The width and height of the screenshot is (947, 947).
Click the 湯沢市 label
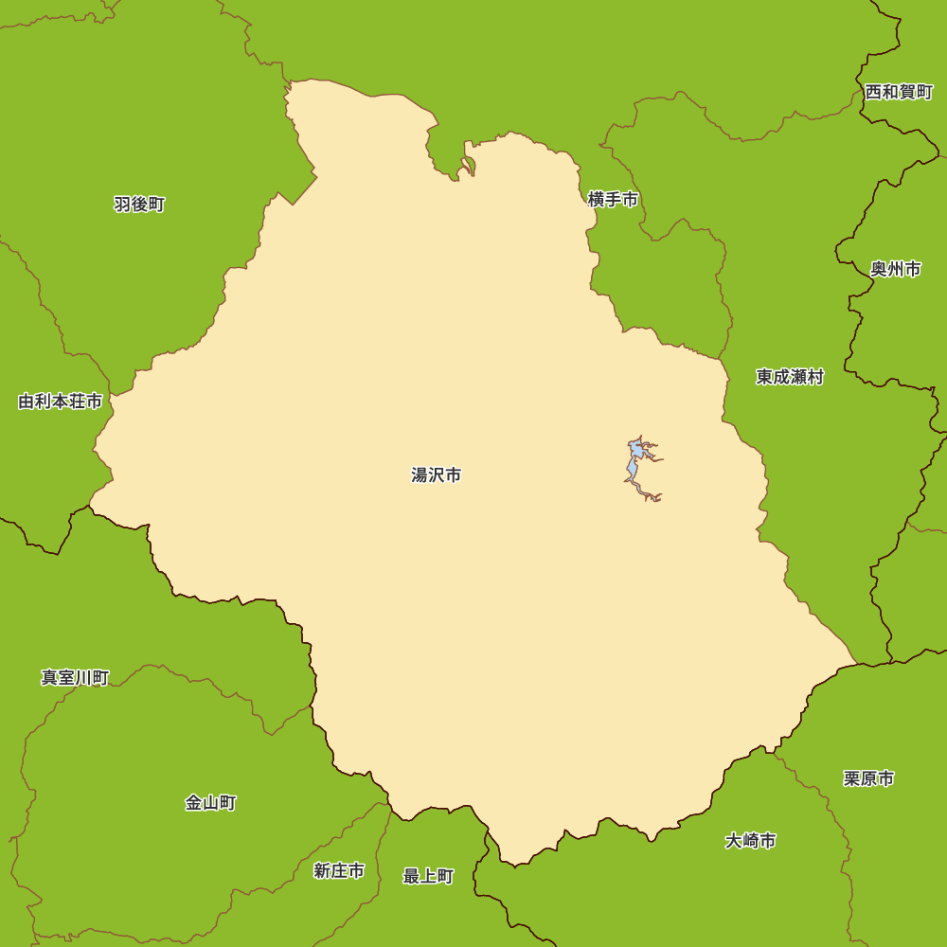point(437,475)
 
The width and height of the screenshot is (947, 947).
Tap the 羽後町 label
point(139,205)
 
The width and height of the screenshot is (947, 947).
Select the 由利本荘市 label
point(61,402)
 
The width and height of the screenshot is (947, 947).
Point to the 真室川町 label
point(75,678)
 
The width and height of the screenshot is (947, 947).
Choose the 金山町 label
point(210,803)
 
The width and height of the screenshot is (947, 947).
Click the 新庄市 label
point(339,871)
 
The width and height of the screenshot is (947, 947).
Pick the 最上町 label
point(428,877)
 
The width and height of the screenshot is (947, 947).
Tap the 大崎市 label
point(751,841)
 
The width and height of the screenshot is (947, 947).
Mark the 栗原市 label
point(868,778)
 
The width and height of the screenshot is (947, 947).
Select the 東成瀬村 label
point(790,378)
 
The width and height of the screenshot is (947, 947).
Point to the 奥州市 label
point(896,270)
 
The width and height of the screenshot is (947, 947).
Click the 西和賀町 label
point(899,92)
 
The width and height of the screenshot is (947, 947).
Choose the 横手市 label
point(613,200)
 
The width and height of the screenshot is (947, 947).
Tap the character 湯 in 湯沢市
point(420,475)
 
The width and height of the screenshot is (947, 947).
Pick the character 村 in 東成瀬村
point(815,378)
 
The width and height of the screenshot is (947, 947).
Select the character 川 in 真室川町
point(83,678)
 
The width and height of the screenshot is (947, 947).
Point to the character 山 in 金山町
point(210,803)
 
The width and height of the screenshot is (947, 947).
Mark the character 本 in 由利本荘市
point(61,402)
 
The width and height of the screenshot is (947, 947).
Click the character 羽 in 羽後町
point(122,205)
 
